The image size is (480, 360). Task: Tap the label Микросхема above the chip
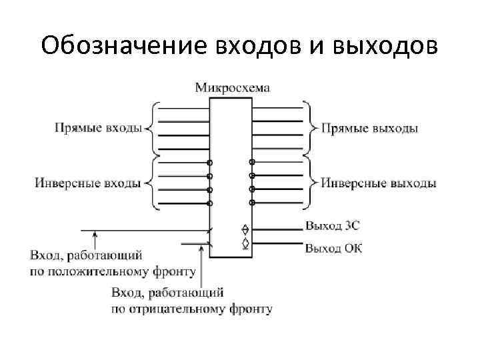(233, 87)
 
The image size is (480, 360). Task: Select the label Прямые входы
(99, 128)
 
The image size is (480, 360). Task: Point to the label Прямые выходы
(369, 128)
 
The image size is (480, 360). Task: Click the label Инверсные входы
(89, 183)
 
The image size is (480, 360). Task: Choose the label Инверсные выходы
(379, 183)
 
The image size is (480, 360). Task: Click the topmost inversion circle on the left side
(209, 163)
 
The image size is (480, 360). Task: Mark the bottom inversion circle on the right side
(252, 202)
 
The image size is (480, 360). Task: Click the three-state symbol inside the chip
(245, 229)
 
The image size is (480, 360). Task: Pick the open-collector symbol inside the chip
(245, 243)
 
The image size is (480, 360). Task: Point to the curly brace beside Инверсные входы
(151, 182)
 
